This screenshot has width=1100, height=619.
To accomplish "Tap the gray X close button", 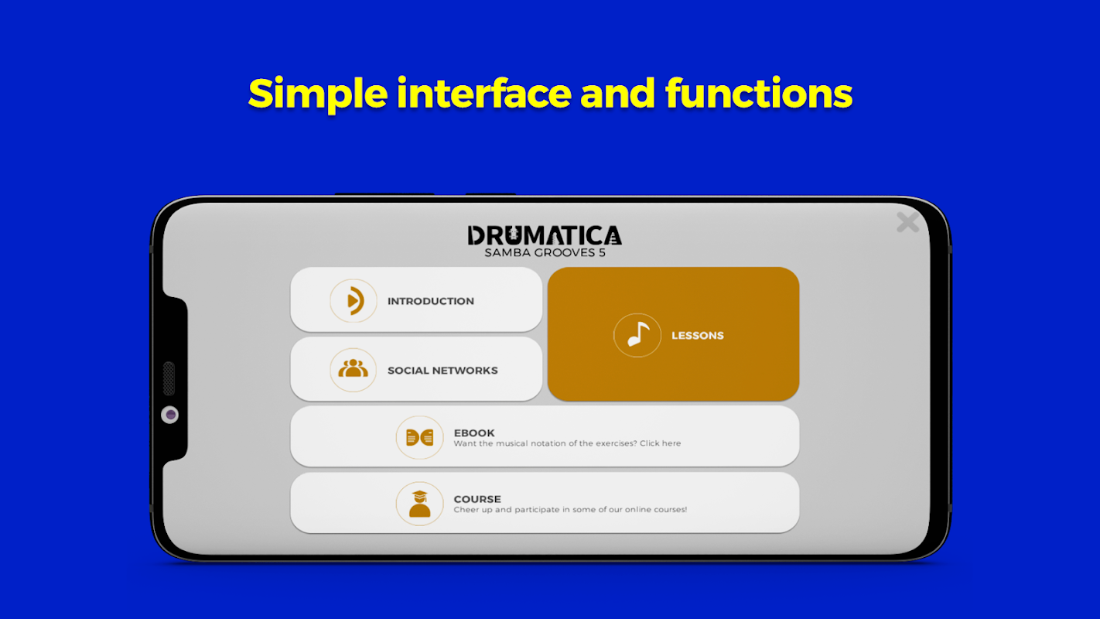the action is click(x=907, y=223).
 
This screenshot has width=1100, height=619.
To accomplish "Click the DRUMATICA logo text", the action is click(x=545, y=235).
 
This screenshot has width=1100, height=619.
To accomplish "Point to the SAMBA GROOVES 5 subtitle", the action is click(x=545, y=252).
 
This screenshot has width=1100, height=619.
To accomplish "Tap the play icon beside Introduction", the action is click(x=354, y=301).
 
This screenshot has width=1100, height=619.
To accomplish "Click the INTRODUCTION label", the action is click(x=431, y=301).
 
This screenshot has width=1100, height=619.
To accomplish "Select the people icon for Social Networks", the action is click(x=353, y=369).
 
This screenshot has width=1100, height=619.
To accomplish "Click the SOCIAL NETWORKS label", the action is click(x=442, y=371).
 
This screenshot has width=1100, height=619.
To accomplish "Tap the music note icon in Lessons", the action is click(x=637, y=335).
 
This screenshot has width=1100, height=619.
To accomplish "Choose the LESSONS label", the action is click(x=697, y=336).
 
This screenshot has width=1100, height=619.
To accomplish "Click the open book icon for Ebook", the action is click(x=419, y=437).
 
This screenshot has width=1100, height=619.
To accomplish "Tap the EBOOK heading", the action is click(x=474, y=433).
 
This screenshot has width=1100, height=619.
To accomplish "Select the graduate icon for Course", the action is click(x=419, y=504).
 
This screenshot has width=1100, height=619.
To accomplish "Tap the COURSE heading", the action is click(x=477, y=499).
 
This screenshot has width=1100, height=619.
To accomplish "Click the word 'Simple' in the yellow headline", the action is click(x=318, y=94).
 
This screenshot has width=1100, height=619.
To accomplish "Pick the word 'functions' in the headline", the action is click(x=759, y=93).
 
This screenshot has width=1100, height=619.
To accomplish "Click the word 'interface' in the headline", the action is click(x=484, y=93).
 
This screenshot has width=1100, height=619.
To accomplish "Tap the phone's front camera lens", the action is click(x=170, y=415).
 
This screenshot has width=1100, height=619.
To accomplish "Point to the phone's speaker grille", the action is click(x=169, y=378).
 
